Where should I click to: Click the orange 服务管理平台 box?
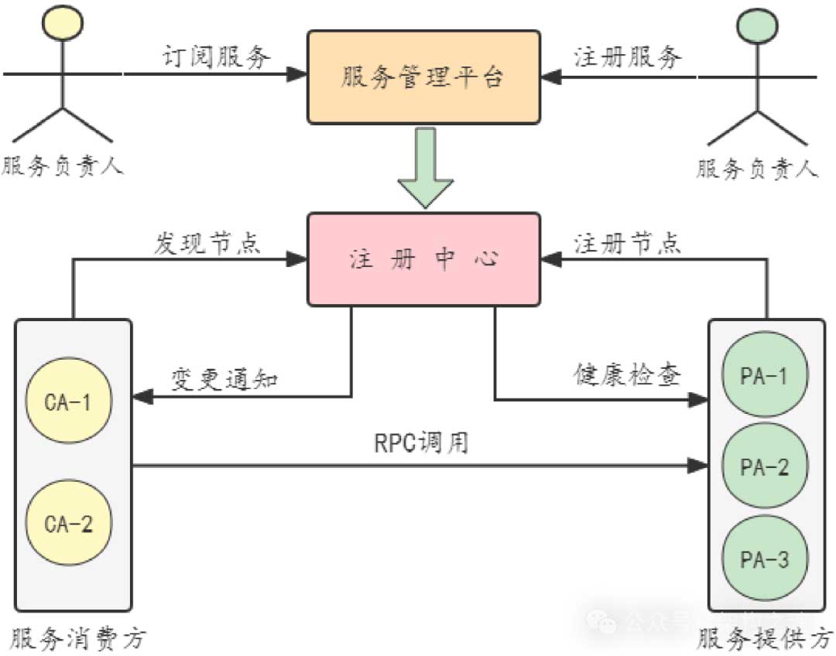point(423,77)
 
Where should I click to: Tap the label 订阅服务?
point(218,56)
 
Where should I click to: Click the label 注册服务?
point(628,56)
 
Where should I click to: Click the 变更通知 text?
point(224,379)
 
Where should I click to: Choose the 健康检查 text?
point(628,376)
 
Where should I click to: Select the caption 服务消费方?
point(74,640)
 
